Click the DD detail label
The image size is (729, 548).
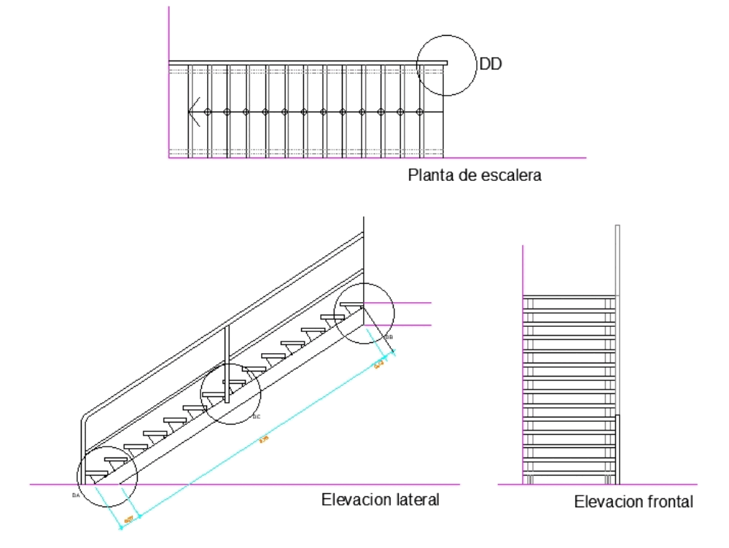[x=491, y=65]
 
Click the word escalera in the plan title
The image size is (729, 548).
[x=515, y=175]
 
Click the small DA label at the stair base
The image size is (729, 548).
[x=75, y=495]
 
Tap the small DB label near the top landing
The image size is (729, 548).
[x=389, y=338]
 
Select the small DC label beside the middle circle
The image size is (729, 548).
[x=256, y=417]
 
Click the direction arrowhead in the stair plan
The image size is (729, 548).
[x=192, y=112]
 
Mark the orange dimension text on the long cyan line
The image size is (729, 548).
[x=264, y=439]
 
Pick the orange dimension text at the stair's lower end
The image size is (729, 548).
[x=128, y=520]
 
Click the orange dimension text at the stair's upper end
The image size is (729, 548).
[x=379, y=365]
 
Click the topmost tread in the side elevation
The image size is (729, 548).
[x=353, y=304]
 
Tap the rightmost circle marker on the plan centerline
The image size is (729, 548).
[x=419, y=112]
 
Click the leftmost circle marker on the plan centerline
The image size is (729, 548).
[x=208, y=112]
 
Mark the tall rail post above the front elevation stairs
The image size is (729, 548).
[x=617, y=260]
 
